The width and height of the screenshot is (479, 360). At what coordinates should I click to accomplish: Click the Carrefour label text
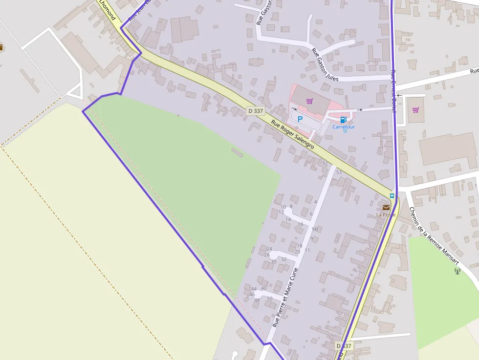pos(344,127)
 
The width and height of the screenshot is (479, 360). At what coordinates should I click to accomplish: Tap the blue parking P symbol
pos(300,119)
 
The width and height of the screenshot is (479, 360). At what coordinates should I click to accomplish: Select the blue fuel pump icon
pos(343,120)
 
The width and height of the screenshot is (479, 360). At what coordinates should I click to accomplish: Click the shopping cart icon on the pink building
pos(309,101)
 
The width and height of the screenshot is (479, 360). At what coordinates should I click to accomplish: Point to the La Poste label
pos(386,214)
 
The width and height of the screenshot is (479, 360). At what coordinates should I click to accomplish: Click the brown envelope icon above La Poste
pos(386,208)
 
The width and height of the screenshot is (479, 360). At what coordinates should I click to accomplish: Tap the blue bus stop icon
pos(392,196)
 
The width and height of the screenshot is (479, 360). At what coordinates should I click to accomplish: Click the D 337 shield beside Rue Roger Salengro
pos(256,111)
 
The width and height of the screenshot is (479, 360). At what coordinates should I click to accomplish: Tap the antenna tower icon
pos(457,271)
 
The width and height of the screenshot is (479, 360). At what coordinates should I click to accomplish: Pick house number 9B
pos(315,229)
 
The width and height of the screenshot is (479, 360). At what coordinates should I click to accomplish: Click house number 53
pos(339,172)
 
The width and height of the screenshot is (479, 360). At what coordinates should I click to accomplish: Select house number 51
pos(324,162)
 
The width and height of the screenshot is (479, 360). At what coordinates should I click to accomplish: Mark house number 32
pos(283,259)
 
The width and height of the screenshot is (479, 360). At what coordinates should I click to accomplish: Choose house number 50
pos(269,298)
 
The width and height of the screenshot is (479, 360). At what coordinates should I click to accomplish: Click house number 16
pos(301,225)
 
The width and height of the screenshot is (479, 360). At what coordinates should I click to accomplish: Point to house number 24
pos(269,249)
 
